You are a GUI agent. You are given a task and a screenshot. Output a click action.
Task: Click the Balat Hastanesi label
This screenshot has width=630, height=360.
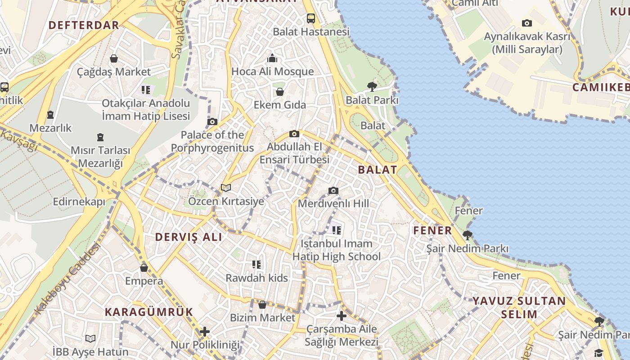coord(311,32)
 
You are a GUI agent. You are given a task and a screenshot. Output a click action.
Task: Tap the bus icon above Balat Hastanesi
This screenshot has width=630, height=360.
coord(311,18)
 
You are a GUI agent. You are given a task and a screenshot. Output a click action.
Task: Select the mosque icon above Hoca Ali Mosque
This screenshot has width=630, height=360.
coord(272,58)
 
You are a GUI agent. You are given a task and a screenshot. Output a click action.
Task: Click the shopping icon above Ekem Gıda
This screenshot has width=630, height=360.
coord(280,92)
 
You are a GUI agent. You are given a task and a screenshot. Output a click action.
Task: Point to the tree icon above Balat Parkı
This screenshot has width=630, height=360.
coord(372,86)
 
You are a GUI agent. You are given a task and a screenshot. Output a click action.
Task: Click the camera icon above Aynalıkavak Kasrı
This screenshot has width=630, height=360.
coord(526,23)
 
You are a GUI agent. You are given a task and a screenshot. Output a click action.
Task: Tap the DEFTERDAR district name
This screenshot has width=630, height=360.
coord(84,25)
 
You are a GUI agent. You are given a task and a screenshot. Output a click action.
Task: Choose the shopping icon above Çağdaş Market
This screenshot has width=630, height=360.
coord(114,58)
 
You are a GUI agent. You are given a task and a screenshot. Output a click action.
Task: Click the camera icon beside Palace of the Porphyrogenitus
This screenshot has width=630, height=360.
coord(212,121)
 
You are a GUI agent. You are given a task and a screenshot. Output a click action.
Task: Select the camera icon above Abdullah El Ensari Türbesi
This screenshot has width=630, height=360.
coord(294,134)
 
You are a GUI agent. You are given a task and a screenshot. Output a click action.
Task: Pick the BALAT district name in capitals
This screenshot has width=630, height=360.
coord(378,170)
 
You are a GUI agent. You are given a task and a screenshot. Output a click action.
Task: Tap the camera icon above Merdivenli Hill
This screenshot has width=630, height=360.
coord(333,190)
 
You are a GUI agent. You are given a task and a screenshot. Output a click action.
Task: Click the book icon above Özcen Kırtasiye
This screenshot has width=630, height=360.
coord(226,188)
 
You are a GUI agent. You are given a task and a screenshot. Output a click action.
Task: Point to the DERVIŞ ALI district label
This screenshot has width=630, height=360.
coord(189,237)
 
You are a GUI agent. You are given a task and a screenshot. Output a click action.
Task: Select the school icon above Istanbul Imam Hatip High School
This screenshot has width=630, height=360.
coord(336,231)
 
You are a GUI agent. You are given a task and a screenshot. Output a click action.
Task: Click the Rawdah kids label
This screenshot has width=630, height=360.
coord(256,278)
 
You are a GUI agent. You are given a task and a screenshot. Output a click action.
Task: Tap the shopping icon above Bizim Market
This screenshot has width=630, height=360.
coord(262,305)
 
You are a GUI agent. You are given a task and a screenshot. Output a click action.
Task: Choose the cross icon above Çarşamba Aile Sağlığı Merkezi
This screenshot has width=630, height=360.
coord(342,316)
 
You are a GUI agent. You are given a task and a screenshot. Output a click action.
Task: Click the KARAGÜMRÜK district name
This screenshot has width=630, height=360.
coord(149,312)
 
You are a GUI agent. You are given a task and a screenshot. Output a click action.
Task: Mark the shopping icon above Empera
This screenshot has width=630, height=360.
coord(144,268)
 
